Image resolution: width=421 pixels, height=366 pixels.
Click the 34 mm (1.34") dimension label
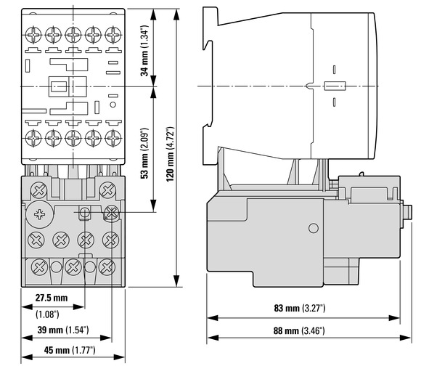click(144, 51)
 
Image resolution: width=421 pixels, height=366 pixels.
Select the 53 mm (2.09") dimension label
click(144, 153)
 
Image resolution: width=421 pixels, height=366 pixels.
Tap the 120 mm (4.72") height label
click(170, 154)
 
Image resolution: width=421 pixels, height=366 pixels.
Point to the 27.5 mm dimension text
click(52, 298)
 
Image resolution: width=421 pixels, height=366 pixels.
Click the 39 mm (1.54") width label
click(63, 330)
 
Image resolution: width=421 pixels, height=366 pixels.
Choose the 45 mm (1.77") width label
click(70, 350)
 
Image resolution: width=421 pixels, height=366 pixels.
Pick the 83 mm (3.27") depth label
click(300, 308)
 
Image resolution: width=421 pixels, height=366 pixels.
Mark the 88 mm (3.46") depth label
click(299, 330)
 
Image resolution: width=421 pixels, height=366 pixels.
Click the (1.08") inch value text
click(47, 314)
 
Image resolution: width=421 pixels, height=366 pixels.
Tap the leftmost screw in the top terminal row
click(33, 35)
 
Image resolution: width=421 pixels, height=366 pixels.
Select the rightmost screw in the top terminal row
click(113, 35)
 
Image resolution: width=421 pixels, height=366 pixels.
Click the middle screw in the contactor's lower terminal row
click(73, 138)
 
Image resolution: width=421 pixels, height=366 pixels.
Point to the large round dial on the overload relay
click(39, 214)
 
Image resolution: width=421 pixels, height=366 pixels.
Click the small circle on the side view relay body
click(314, 228)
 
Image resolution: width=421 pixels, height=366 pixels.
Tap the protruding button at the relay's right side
click(408, 212)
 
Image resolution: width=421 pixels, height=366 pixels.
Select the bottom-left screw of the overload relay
click(39, 267)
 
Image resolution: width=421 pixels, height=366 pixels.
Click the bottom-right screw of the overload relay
click(107, 267)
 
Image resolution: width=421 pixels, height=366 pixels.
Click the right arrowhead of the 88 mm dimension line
click(405, 338)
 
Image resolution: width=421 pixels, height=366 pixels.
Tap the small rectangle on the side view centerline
click(335, 86)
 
